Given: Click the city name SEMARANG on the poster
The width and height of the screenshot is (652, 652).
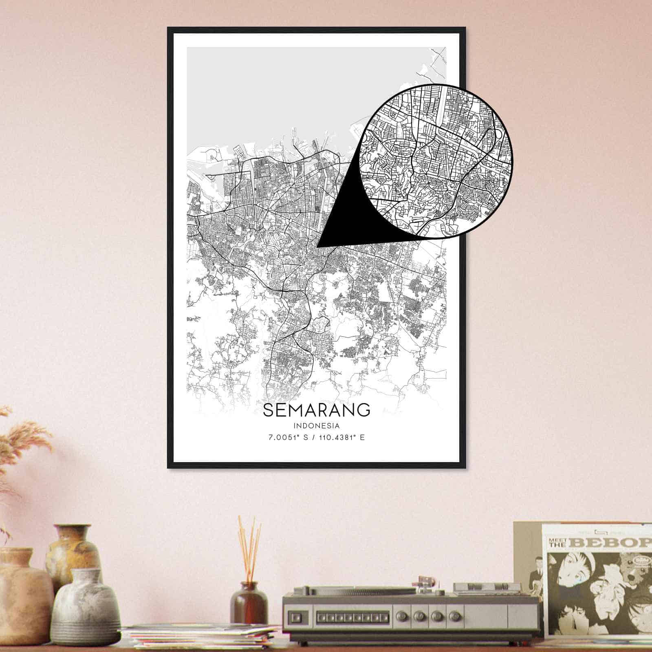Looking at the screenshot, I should (x=317, y=410).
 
